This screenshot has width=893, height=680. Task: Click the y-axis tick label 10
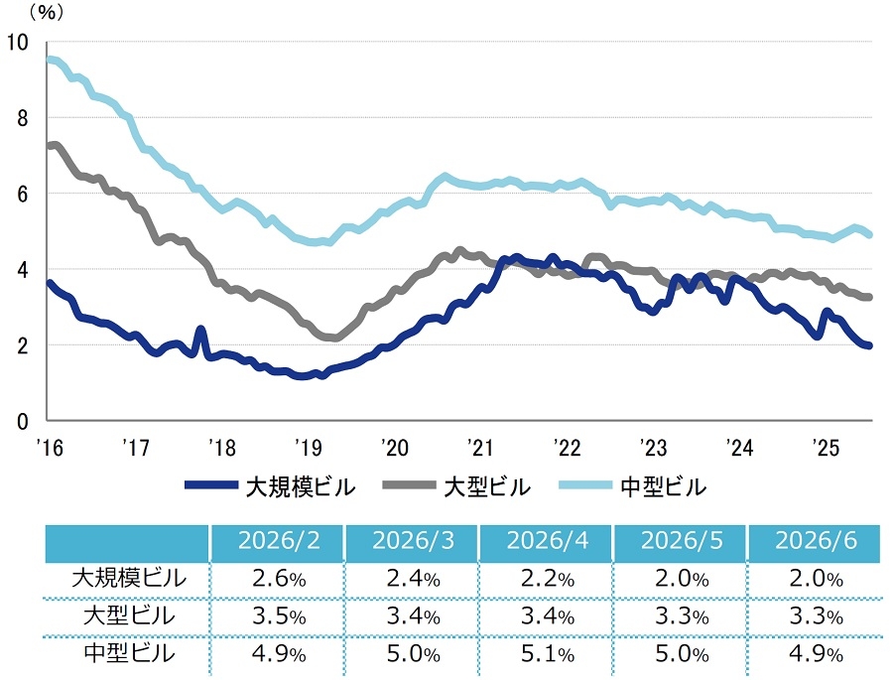point(17,42)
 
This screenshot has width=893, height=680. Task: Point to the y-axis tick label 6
point(22,195)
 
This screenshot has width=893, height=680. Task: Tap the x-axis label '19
point(309,448)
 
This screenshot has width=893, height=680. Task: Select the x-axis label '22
point(567,448)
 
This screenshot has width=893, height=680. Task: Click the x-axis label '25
point(826,448)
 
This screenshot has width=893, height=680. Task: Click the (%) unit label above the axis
point(47,13)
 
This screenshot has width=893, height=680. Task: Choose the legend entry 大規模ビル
point(270,487)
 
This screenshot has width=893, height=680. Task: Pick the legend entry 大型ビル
point(456,487)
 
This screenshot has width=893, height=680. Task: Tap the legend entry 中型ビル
point(633,487)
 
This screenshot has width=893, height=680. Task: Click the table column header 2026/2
point(279,540)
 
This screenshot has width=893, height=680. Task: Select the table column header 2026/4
point(548,540)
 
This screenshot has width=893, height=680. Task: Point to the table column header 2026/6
point(817,540)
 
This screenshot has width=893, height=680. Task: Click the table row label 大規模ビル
point(129,579)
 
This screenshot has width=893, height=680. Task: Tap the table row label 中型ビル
point(129,653)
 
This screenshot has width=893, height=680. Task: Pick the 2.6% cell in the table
point(279,579)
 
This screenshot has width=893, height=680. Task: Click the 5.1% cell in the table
point(548,654)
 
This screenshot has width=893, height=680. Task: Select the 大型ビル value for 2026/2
point(279,616)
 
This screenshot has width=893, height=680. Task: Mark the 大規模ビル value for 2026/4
point(548,579)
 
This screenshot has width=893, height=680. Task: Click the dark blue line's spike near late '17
point(200,329)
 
